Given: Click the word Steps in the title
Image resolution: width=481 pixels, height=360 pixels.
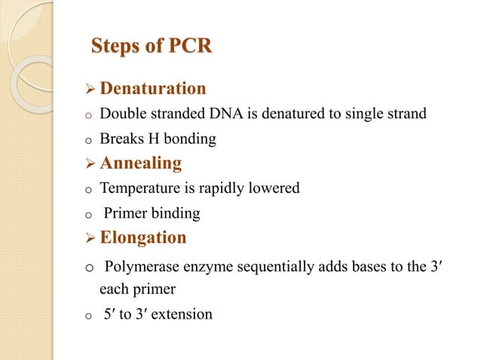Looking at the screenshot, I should (x=114, y=46).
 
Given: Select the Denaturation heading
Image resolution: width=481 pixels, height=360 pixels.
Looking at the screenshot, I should (x=153, y=89).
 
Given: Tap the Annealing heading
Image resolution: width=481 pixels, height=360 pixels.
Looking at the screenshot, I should (x=141, y=163).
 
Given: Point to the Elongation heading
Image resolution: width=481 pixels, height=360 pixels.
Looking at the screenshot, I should (x=143, y=237).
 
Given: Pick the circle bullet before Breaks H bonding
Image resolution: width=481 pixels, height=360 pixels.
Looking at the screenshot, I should (x=87, y=141).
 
